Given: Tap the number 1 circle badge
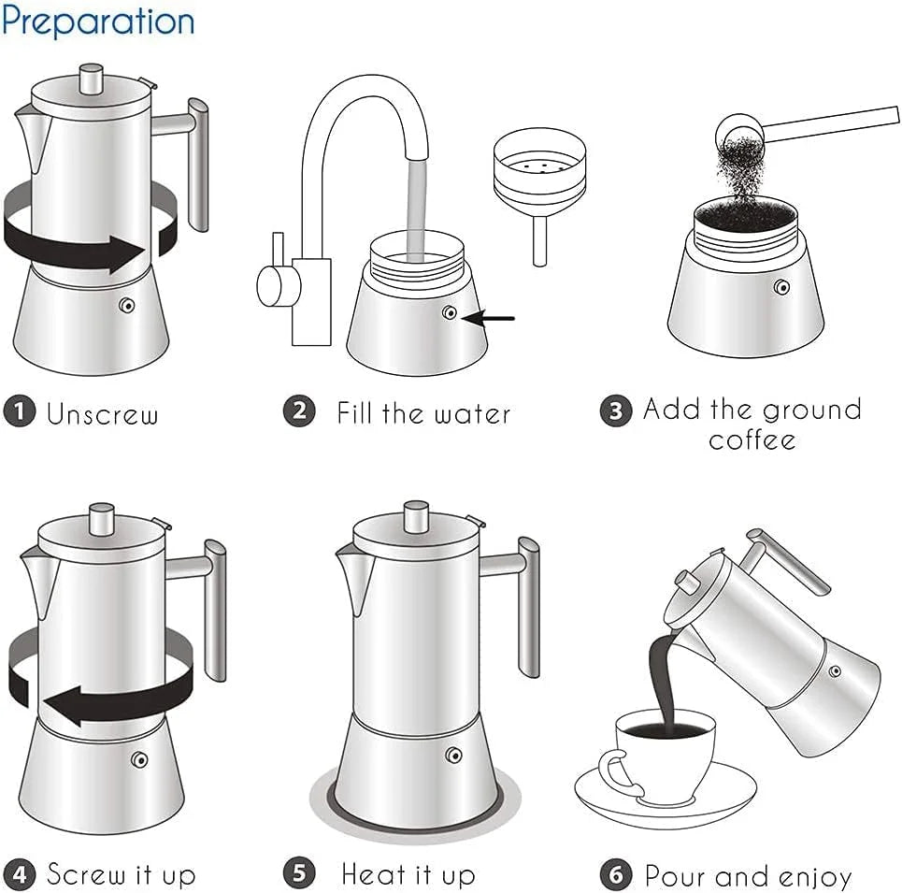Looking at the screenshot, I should (19, 412).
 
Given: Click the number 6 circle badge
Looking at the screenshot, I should (615, 875).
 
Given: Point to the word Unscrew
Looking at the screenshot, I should (103, 413).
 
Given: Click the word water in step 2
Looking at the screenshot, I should (468, 412).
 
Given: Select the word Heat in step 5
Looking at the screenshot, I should (372, 875).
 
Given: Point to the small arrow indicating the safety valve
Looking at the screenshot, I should (490, 319).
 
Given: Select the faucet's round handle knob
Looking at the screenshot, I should (272, 285).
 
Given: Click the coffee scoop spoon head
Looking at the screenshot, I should (734, 129).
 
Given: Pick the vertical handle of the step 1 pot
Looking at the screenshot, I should (198, 164).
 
